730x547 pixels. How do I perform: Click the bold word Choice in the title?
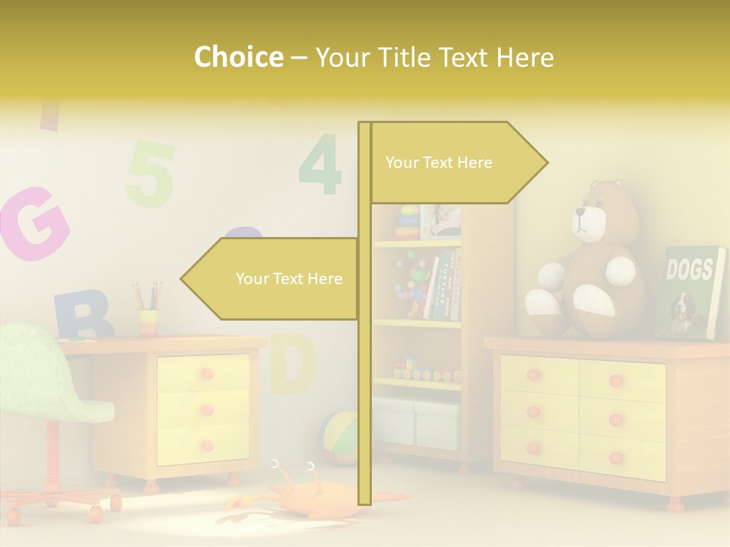(x=238, y=58)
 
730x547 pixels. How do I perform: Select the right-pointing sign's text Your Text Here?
(x=439, y=163)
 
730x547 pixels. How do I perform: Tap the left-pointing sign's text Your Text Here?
(x=289, y=279)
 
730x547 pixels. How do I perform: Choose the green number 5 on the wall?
(x=150, y=174)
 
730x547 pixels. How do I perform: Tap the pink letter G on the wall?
(x=34, y=223)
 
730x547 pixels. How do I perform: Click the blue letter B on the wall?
(x=82, y=314)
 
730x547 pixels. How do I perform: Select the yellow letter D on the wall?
(x=293, y=362)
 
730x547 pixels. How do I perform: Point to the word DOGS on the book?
(x=689, y=269)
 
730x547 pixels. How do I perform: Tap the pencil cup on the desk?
(x=148, y=322)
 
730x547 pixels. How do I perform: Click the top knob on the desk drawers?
(x=207, y=373)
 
